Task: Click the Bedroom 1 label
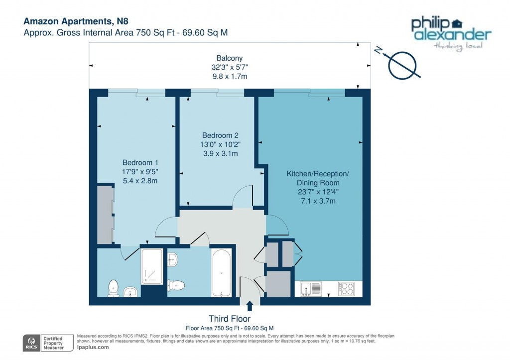[140, 162]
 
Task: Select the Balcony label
[229, 58]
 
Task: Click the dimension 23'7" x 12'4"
[318, 192]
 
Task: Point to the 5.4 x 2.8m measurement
[140, 181]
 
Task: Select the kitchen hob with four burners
[346, 288]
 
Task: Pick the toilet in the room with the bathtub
[177, 285]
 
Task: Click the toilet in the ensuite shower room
[114, 287]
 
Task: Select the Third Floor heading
[230, 319]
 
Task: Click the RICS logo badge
[33, 343]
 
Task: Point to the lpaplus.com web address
[93, 347]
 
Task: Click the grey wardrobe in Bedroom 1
[105, 214]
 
